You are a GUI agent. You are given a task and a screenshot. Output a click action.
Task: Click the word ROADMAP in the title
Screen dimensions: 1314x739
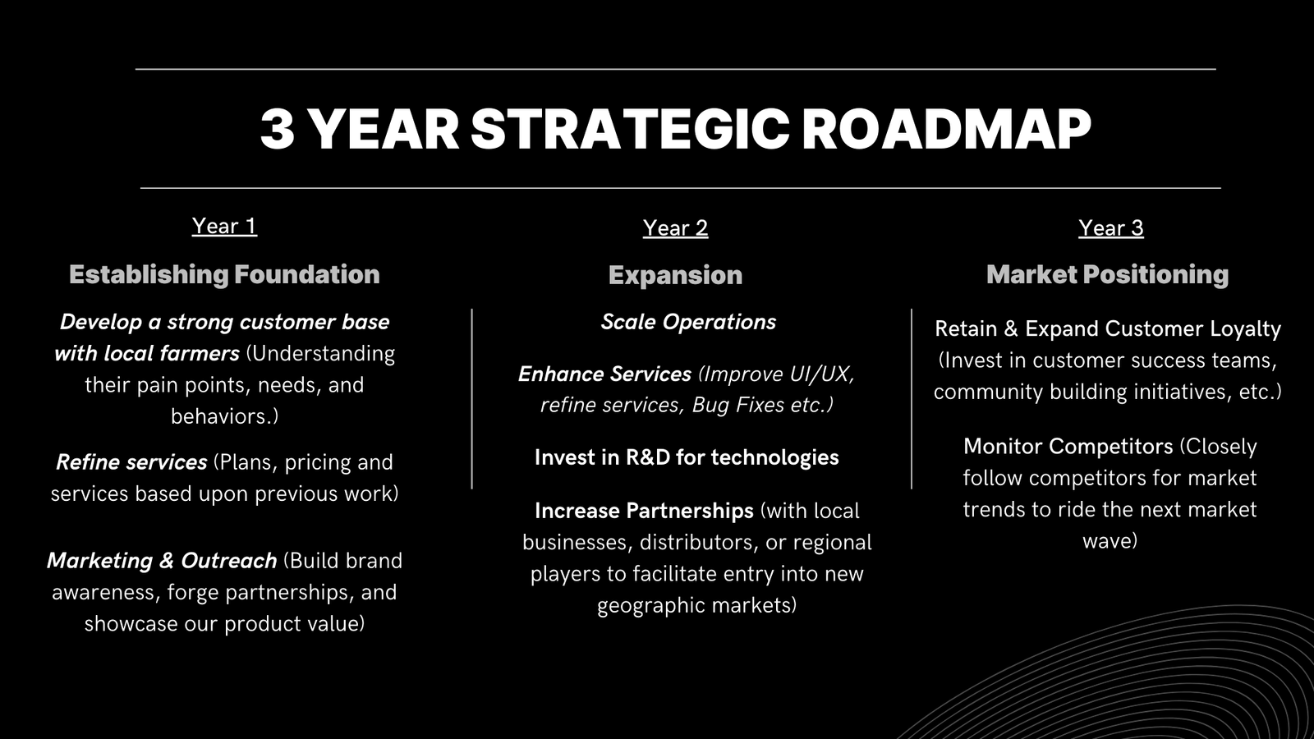pyautogui.click(x=945, y=129)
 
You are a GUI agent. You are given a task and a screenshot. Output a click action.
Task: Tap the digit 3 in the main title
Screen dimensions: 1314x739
pyautogui.click(x=277, y=129)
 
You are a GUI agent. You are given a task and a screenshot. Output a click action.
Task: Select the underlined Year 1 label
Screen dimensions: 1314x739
pyautogui.click(x=224, y=226)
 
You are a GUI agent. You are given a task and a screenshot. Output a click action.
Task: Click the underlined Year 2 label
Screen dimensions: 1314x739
pyautogui.click(x=675, y=227)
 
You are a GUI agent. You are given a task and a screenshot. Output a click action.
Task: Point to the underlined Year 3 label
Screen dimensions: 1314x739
pyautogui.click(x=1111, y=227)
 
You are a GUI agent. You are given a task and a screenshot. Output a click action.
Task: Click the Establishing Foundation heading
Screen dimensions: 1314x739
pyautogui.click(x=224, y=274)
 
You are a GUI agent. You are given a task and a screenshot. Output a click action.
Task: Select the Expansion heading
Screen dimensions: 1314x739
pyautogui.click(x=675, y=275)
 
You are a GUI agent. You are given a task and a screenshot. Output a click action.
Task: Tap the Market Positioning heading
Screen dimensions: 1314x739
pyautogui.click(x=1108, y=274)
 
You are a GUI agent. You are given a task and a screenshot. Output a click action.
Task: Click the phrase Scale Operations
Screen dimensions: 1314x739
pyautogui.click(x=688, y=321)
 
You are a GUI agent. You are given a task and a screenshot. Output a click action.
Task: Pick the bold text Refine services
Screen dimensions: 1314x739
pyautogui.click(x=131, y=462)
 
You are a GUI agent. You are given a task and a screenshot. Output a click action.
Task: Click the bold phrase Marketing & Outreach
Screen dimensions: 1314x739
pyautogui.click(x=162, y=561)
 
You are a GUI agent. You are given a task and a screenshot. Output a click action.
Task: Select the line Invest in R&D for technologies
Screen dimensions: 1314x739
pyautogui.click(x=687, y=457)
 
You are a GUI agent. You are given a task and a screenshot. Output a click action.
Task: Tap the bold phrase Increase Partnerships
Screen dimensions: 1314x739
pyautogui.click(x=644, y=511)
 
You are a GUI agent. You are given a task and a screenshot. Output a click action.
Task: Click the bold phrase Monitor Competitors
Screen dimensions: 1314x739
pyautogui.click(x=1068, y=447)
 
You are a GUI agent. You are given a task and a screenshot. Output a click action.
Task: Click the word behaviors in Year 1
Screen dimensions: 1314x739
pyautogui.click(x=221, y=416)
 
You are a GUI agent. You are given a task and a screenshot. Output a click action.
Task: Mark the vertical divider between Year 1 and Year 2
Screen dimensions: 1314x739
pyautogui.click(x=471, y=399)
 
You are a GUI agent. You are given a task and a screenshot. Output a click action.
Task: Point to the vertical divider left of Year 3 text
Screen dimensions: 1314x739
pyautogui.click(x=912, y=399)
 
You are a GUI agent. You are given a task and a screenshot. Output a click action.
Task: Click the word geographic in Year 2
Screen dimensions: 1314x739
pyautogui.click(x=643, y=606)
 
